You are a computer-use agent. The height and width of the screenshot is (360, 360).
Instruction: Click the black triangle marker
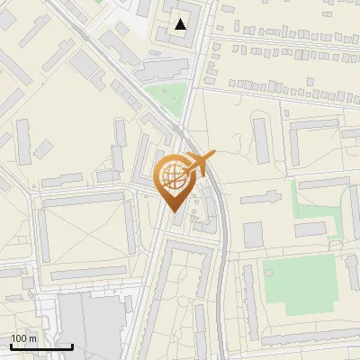pos(182,24)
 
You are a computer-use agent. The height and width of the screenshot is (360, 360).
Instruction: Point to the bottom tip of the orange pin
pos(174,211)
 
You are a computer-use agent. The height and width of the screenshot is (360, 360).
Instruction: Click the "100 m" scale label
pos(24,338)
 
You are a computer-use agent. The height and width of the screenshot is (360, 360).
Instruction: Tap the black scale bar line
pos(41,346)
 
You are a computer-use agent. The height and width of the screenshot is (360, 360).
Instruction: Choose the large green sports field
pos(298,286)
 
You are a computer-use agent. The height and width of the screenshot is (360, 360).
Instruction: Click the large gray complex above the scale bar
pos(90,324)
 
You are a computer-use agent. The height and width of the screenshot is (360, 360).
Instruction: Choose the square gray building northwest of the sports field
pos(253,235)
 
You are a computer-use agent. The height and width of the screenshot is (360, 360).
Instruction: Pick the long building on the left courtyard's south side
pos(87,273)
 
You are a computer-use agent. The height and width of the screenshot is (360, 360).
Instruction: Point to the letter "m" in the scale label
pos(33,338)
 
